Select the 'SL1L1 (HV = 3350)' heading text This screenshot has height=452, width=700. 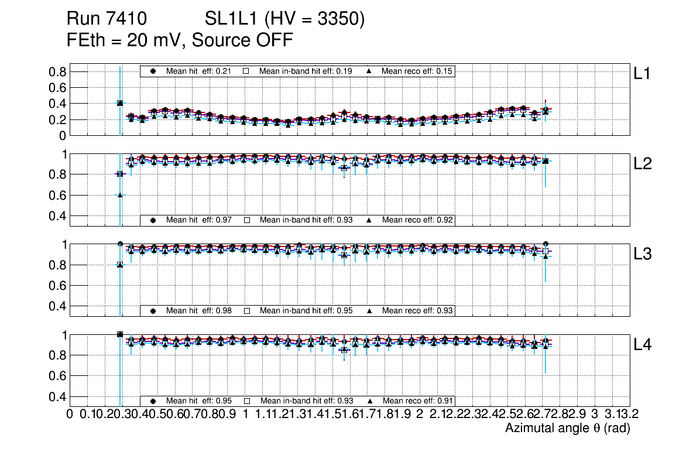[285, 19]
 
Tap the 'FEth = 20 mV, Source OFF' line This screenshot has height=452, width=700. [180, 40]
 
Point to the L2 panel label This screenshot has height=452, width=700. [643, 165]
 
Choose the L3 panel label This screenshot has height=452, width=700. [643, 255]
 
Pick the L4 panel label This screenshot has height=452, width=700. [643, 345]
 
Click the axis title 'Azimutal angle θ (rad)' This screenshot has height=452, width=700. [567, 429]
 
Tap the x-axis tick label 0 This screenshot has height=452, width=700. [70, 415]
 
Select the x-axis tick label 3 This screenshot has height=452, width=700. [595, 415]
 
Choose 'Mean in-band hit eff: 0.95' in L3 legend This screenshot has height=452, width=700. [306, 310]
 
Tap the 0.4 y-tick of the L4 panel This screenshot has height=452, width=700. [59, 396]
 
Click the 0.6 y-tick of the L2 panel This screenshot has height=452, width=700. [59, 195]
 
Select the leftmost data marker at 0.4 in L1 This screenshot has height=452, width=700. [120, 103]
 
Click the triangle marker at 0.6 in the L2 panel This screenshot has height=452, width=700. [120, 195]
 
